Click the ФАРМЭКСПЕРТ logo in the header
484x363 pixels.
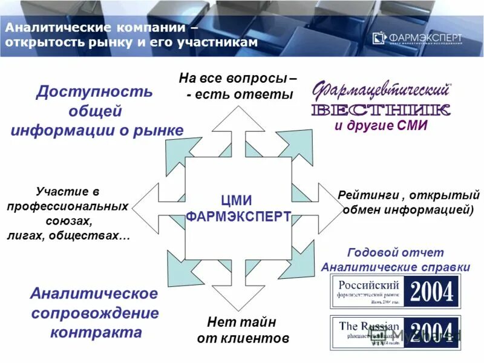click(x=417, y=38)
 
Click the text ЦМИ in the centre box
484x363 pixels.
click(x=237, y=200)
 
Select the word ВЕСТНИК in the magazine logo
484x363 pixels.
click(x=381, y=110)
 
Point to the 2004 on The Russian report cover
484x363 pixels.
click(x=432, y=332)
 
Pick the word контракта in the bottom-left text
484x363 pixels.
click(x=96, y=332)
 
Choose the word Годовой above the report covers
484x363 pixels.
click(x=370, y=252)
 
